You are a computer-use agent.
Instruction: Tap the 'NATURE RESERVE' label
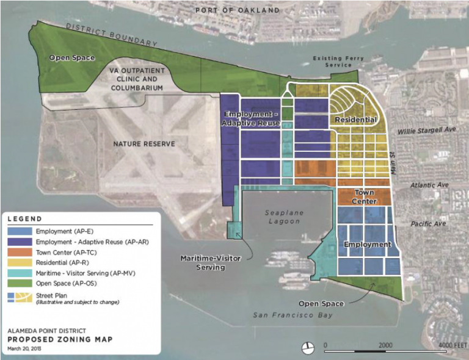point(144,144)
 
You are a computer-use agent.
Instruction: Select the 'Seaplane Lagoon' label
point(283,217)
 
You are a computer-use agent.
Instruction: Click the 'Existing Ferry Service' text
point(339,62)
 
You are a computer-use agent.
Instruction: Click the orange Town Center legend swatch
point(20,251)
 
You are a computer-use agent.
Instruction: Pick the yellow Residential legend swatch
point(20,261)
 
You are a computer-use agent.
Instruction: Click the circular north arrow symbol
point(308,347)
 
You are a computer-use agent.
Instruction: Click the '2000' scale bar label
point(385,345)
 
